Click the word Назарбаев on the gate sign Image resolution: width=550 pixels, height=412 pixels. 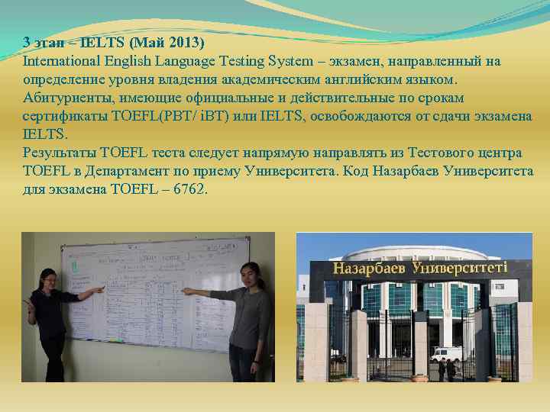[370, 269]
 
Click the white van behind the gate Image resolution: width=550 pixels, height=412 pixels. [445, 352]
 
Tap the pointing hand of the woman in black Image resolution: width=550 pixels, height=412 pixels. [100, 290]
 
